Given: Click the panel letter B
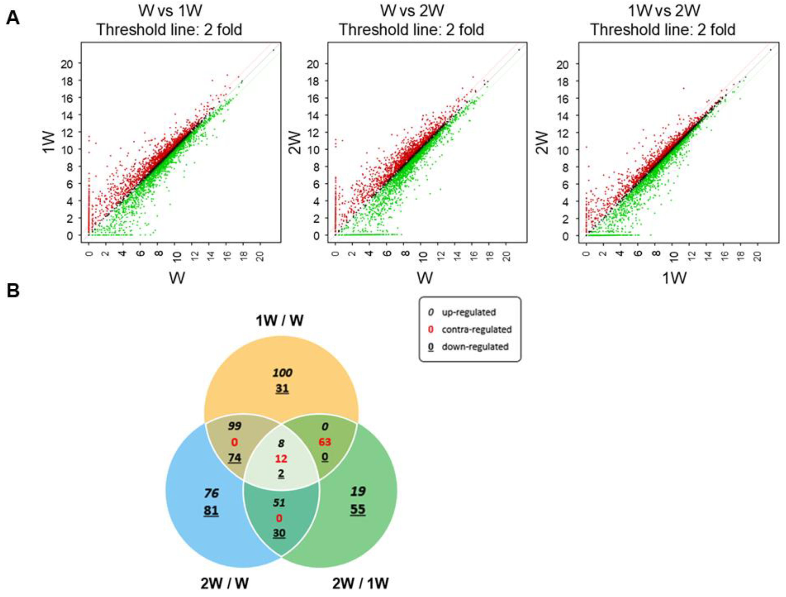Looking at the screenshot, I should pyautogui.click(x=13, y=290).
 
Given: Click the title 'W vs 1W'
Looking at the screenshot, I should pyautogui.click(x=170, y=10).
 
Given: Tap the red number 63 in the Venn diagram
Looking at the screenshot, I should pyautogui.click(x=324, y=442).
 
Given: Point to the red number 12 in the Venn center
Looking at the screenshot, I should pyautogui.click(x=281, y=459).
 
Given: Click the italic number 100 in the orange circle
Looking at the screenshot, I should pyautogui.click(x=282, y=373).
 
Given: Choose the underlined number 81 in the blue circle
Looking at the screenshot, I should pyautogui.click(x=211, y=511).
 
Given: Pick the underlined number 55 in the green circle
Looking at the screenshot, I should pyautogui.click(x=357, y=509).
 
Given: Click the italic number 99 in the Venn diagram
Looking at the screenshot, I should pyautogui.click(x=234, y=426).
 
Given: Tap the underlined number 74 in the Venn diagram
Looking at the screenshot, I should pyautogui.click(x=234, y=458).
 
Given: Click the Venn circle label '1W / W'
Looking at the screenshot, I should pyautogui.click(x=279, y=320).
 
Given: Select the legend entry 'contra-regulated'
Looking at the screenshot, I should pyautogui.click(x=476, y=329).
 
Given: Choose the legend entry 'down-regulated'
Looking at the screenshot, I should pyautogui.click(x=475, y=347).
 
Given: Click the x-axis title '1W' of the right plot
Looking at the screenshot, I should pyautogui.click(x=674, y=278).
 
